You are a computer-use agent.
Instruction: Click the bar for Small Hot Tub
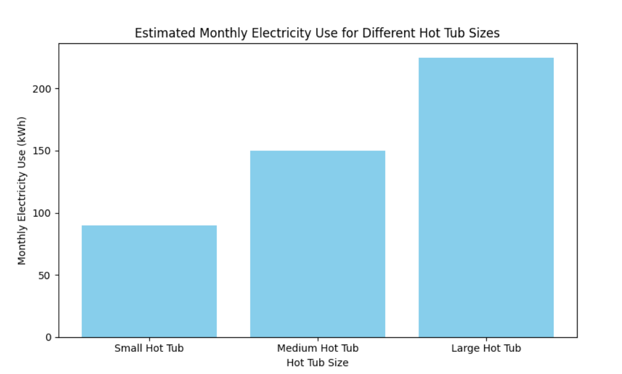point(149,281)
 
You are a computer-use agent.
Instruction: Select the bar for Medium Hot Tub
point(317,244)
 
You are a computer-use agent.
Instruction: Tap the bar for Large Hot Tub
point(486,197)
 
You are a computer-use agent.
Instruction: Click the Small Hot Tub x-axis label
point(149,349)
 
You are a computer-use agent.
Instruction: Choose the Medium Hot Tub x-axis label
point(317,349)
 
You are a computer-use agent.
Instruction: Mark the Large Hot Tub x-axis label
point(486,349)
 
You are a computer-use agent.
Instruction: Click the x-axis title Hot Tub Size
point(317,363)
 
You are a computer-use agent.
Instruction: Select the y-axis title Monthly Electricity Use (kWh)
point(22,191)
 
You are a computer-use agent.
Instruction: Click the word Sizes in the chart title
point(484,33)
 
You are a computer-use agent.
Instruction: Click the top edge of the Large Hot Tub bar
point(486,58)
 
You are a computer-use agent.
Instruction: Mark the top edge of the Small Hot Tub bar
point(149,226)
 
